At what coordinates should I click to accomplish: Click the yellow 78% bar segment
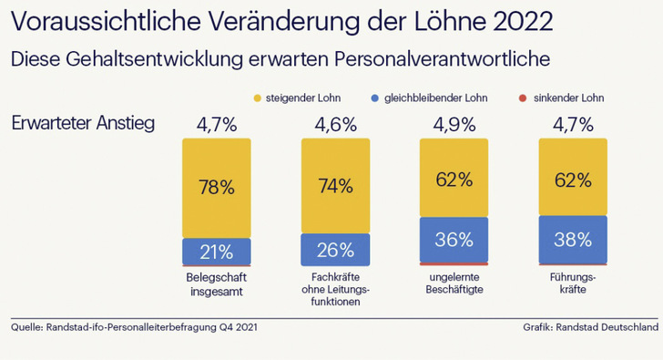(x=217, y=188)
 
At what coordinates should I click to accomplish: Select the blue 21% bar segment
(x=217, y=251)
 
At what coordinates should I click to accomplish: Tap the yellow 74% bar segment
(x=335, y=186)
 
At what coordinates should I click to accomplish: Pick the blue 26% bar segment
(x=335, y=249)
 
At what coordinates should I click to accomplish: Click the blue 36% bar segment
(x=454, y=241)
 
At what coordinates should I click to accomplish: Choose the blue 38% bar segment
(x=572, y=240)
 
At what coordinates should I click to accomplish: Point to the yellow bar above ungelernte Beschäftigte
(x=454, y=179)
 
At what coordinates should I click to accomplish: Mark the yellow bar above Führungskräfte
(x=572, y=178)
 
